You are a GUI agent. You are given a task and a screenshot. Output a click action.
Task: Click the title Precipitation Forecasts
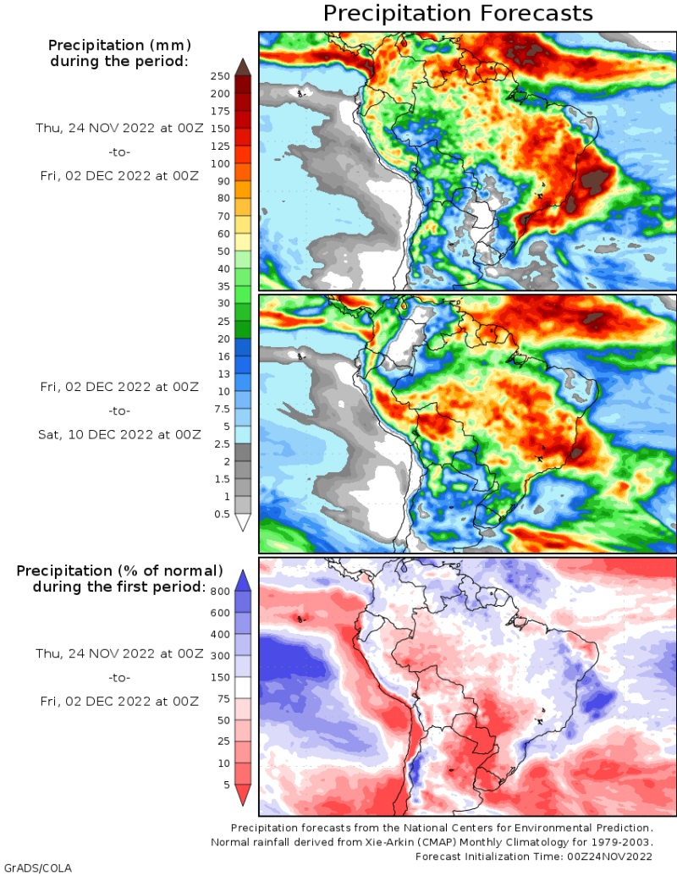click(x=458, y=14)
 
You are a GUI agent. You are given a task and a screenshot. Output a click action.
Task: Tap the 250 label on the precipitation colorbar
click(x=221, y=76)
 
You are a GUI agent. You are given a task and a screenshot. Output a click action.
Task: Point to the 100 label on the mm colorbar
click(x=221, y=163)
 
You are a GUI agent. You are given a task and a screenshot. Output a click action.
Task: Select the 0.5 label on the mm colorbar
click(x=221, y=514)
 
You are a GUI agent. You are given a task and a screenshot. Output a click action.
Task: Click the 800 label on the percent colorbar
click(x=221, y=591)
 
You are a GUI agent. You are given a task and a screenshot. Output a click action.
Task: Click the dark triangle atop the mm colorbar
click(x=242, y=67)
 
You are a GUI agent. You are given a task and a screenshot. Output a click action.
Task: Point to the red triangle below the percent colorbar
click(x=242, y=795)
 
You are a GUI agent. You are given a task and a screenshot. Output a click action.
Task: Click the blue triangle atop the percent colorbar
click(x=242, y=580)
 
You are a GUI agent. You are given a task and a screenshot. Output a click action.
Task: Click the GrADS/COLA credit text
click(x=37, y=868)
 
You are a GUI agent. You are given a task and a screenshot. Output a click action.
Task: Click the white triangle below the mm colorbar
click(x=242, y=523)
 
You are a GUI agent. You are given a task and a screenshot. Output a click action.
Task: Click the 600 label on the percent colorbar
click(x=221, y=613)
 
